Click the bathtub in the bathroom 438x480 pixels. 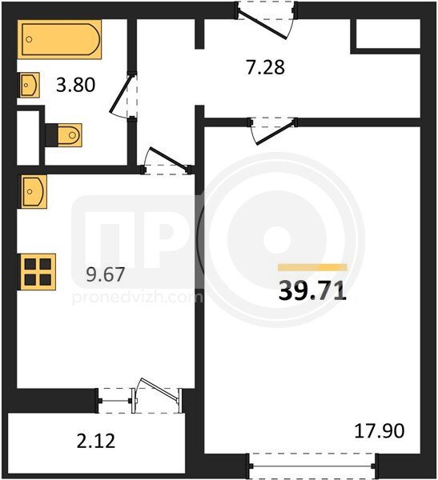pos(59,39)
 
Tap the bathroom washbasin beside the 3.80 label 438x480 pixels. pos(30,85)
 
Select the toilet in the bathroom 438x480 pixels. pos(64,135)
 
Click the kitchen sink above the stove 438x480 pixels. pos(34,192)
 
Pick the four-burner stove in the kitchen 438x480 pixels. pos(38,271)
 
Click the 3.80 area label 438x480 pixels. pos(75,85)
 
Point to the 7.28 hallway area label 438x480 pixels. pos(265,67)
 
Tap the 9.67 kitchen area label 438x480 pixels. pos(105,274)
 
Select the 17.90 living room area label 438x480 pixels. pos(380,430)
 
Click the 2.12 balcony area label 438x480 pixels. pos(95,441)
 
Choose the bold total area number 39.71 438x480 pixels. pos(312,290)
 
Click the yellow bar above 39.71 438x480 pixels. pos(312,267)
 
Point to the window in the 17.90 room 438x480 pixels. pos(312,466)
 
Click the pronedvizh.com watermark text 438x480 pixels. pos(137,298)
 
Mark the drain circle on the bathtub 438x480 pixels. pos(29,39)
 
